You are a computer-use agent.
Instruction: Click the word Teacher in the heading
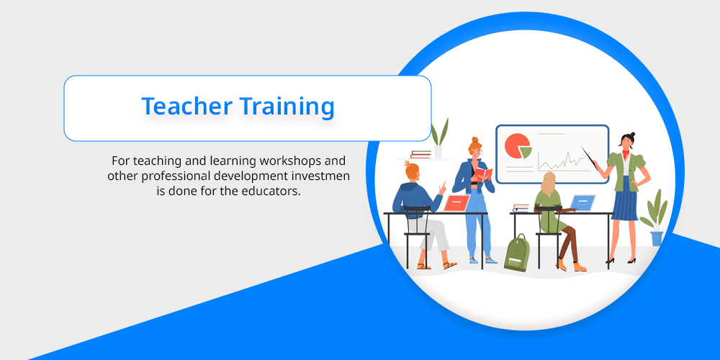[186, 106]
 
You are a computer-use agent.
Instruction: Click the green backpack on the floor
[516, 253]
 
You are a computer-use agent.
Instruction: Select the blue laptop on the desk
[582, 203]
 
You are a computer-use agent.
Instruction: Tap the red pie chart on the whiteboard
[516, 145]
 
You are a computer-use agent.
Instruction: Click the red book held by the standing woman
[483, 174]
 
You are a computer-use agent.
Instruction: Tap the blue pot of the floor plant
[657, 238]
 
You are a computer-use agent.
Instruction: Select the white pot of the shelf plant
[438, 151]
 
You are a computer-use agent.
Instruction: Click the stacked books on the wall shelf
[420, 154]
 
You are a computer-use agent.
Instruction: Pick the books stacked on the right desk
[521, 207]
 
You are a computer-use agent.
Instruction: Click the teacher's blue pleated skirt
[624, 205]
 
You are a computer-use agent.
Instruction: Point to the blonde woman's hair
[548, 183]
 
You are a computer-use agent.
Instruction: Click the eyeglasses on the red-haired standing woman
[477, 151]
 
